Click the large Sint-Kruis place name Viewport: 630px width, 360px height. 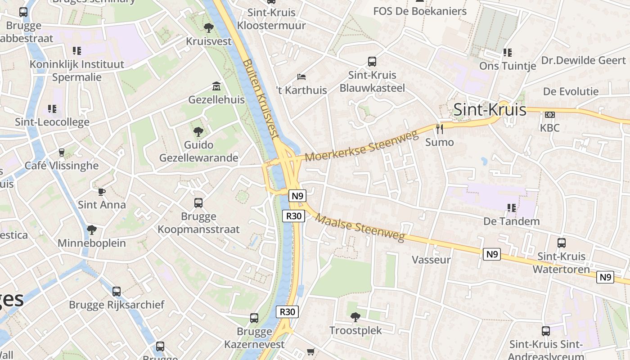click(490, 109)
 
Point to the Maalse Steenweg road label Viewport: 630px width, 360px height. click(360, 228)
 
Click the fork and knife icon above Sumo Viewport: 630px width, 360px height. click(440, 129)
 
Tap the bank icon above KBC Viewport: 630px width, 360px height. click(549, 115)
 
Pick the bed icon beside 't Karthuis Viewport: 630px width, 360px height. click(301, 77)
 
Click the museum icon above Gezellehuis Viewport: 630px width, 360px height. click(216, 86)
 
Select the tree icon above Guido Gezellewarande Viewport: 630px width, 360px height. click(198, 132)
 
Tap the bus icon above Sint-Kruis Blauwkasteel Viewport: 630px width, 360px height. click(372, 62)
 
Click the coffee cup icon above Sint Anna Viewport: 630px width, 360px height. click(102, 192)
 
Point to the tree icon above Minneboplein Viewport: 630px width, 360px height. click(92, 230)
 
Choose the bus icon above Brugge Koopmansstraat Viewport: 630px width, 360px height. click(198, 203)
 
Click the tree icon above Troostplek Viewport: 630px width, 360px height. click(355, 317)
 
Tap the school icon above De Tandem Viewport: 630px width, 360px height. click(511, 208)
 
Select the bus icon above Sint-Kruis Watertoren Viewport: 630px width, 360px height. click(561, 243)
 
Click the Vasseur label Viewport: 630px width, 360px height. click(431, 260)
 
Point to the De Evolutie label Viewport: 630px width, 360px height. click(571, 91)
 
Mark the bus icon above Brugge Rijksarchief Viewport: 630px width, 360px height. click(117, 292)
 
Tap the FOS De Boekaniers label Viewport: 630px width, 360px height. click(420, 11)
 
